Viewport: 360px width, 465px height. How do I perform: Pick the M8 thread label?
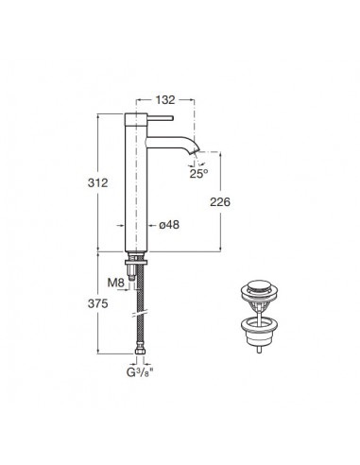pos(116,283)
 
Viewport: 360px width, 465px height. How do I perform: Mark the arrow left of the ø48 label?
pos(121,225)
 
